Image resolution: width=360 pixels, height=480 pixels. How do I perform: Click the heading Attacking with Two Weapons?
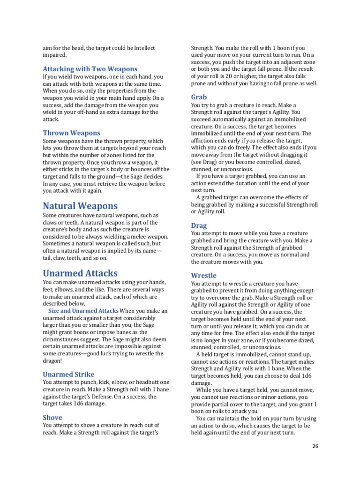(x=90, y=68)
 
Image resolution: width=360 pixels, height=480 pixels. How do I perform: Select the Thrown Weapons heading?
(x=71, y=133)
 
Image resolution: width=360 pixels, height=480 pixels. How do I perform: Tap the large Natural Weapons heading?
(x=80, y=206)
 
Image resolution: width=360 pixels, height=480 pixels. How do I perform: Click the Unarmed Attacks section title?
(x=80, y=273)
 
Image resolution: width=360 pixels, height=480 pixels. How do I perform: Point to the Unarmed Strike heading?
(x=68, y=374)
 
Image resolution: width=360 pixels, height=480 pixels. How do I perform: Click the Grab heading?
(x=199, y=97)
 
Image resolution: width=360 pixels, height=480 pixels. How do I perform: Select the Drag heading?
(x=199, y=225)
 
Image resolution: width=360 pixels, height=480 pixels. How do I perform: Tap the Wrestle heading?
(x=203, y=275)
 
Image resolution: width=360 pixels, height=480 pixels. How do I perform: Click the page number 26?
(x=315, y=446)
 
